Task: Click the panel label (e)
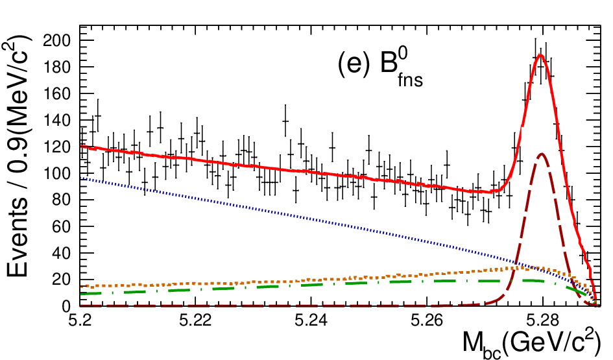point(354,64)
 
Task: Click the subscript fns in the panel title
point(411,80)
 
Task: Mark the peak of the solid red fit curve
point(541,54)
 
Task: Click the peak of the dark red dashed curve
point(542,154)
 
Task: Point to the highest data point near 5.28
point(535,55)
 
